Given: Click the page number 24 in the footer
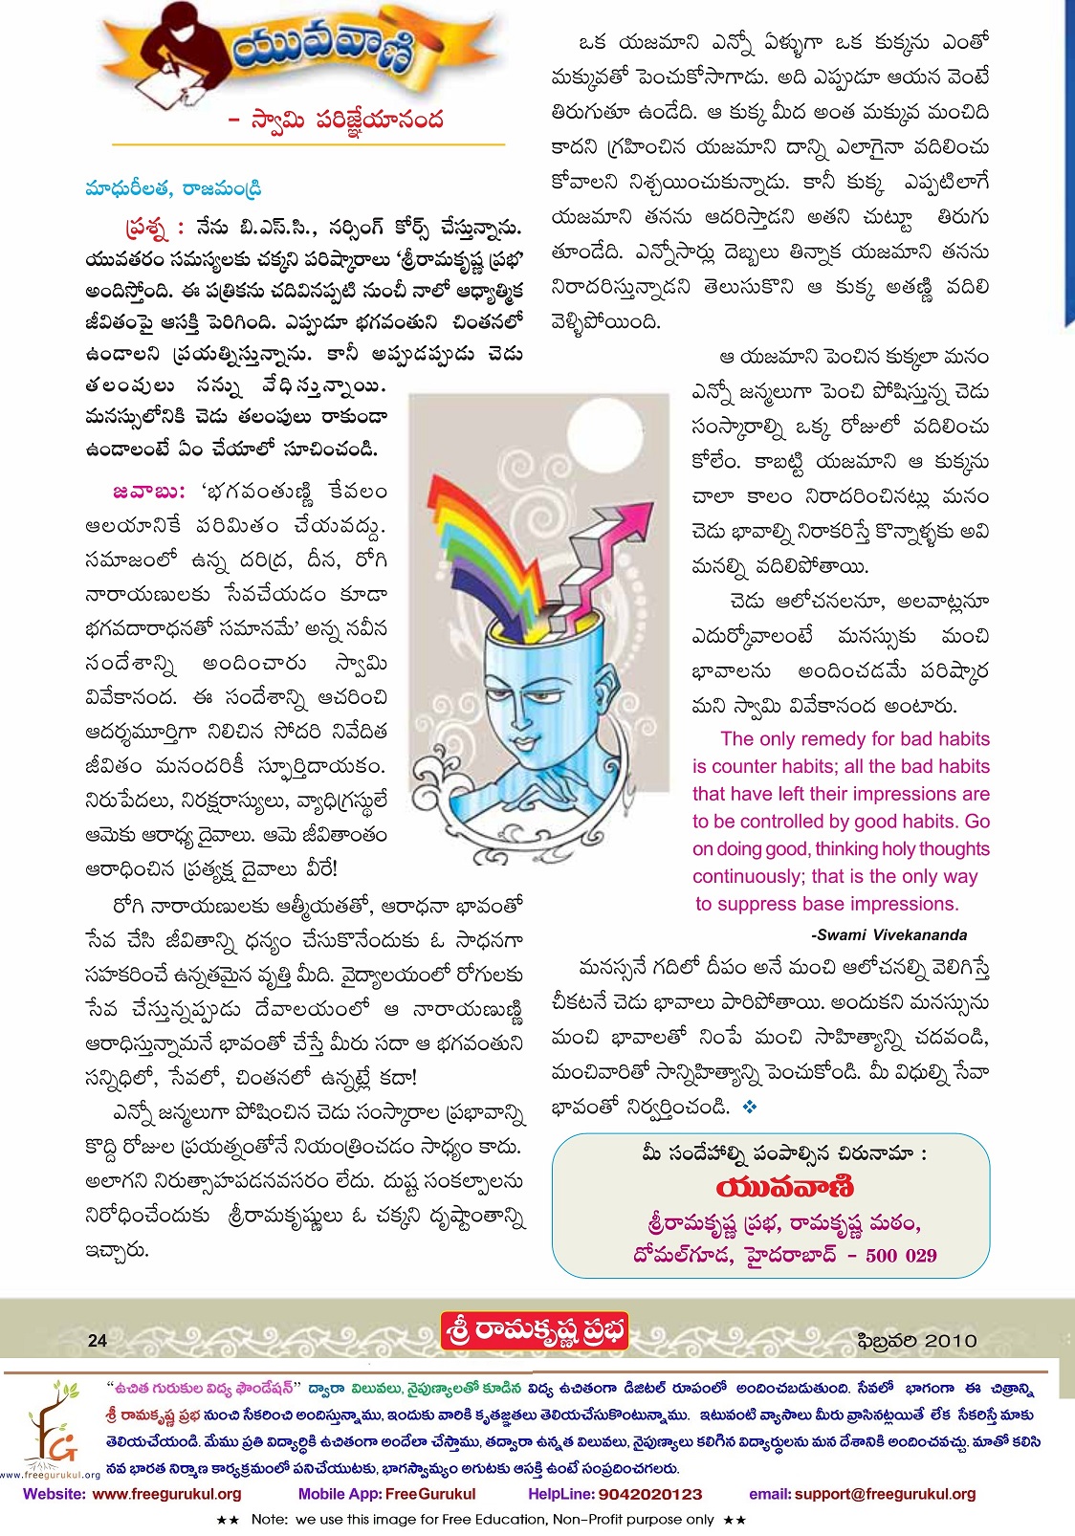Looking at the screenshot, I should click(x=98, y=1340).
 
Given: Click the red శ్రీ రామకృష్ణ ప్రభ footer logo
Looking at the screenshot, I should click(x=535, y=1330).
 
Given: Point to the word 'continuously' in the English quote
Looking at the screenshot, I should click(x=749, y=876).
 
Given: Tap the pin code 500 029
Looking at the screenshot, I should click(x=901, y=1255).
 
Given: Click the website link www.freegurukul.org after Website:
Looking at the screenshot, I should click(x=166, y=1494).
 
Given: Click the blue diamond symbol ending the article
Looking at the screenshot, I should click(x=750, y=1107).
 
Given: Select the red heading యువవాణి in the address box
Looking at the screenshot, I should click(x=784, y=1187).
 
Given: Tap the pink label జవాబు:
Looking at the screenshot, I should click(x=148, y=492).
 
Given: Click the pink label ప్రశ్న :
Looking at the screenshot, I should click(x=153, y=229).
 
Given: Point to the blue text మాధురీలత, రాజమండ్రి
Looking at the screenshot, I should click(x=173, y=188).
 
